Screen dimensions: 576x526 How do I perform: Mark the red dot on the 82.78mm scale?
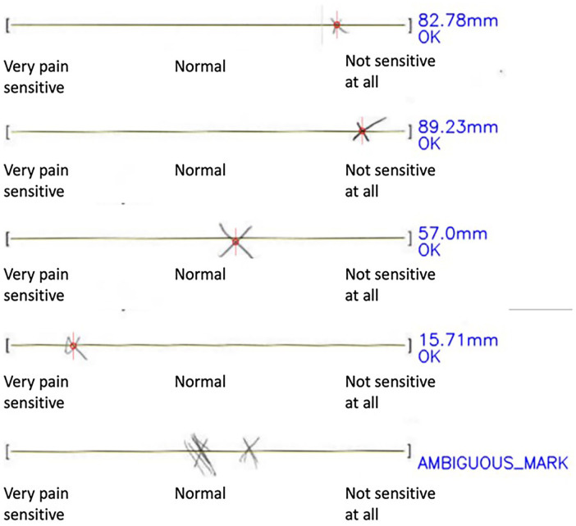[336, 26]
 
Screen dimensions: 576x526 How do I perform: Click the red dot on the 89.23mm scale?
[361, 131]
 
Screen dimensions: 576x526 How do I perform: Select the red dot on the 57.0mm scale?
[235, 241]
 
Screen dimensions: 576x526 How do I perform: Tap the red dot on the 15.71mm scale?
[73, 347]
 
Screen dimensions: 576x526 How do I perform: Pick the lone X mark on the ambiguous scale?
[250, 450]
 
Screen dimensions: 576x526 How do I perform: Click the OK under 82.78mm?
[428, 37]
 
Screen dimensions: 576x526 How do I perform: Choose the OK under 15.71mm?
[428, 357]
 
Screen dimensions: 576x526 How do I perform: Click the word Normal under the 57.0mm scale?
[200, 274]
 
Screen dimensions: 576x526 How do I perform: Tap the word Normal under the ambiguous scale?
[200, 494]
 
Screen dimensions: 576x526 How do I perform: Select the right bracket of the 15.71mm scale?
[409, 347]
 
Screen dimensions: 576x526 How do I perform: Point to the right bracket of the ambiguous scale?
[409, 451]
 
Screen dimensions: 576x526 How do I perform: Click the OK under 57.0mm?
[428, 250]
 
